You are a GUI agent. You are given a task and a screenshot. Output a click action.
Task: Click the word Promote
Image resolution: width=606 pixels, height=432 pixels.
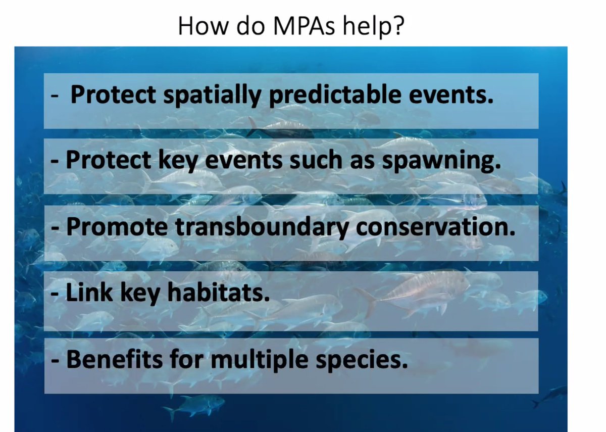pos(117,227)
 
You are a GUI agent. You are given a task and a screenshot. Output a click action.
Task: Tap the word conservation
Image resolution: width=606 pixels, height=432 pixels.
pos(436,227)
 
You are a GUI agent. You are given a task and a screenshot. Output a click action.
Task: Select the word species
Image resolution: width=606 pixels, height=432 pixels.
pos(364,360)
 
